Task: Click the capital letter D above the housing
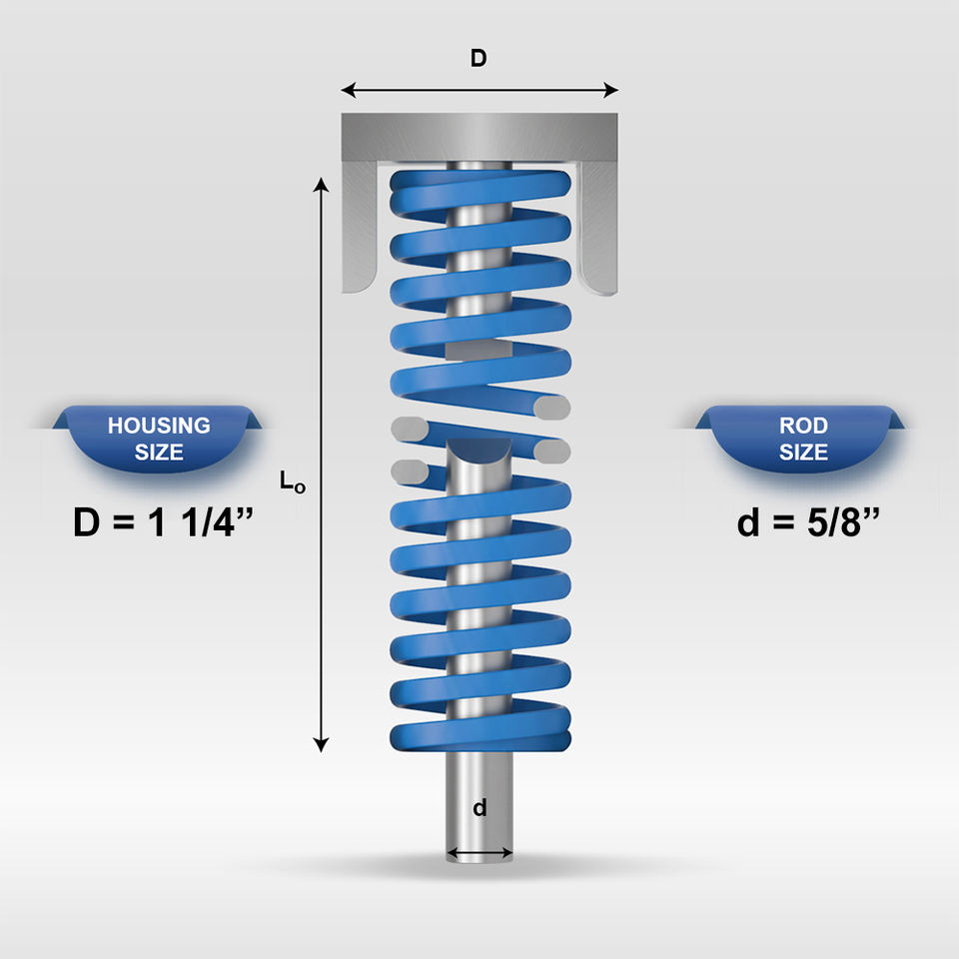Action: (x=479, y=59)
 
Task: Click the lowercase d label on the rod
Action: (x=479, y=808)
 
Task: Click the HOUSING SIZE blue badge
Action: (x=160, y=439)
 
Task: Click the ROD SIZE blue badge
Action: (x=803, y=439)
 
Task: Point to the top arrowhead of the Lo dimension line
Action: (x=322, y=183)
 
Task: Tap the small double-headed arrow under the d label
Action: (x=479, y=854)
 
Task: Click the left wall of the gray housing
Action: (x=359, y=230)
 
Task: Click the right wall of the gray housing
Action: (x=600, y=230)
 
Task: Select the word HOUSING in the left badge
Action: (x=160, y=426)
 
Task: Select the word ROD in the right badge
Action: (x=803, y=426)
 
